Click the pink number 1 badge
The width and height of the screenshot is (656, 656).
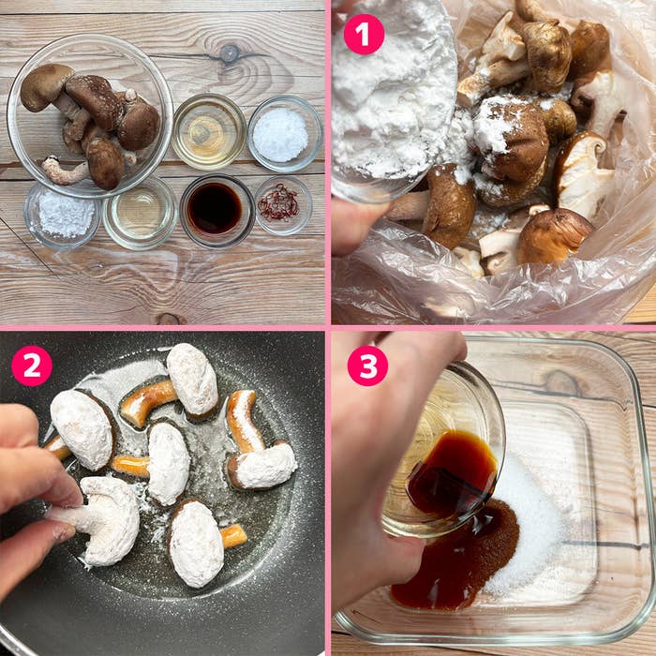pos(364,35)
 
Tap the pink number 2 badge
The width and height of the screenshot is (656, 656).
pos(32,365)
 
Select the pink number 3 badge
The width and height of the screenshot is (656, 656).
pos(367,365)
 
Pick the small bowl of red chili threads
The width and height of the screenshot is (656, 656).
pos(282,203)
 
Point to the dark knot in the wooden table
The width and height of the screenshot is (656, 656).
pos(230,53)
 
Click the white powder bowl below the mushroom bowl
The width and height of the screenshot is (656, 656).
pos(63,215)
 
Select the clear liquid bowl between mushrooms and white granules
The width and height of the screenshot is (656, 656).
pos(208,131)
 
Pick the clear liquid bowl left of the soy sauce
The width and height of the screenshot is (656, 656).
pos(140,214)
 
